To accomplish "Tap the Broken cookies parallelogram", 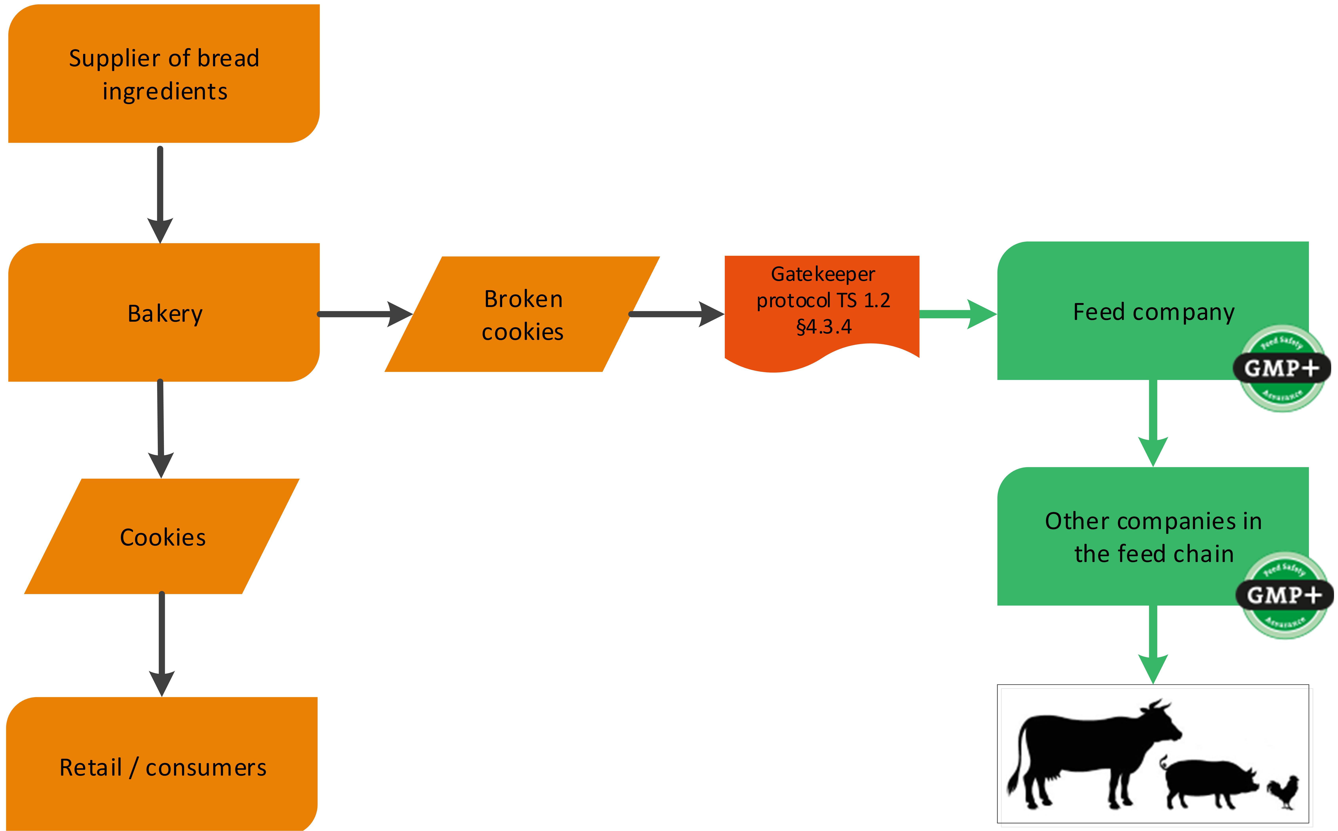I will [522, 314].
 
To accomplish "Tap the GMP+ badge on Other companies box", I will [1284, 595].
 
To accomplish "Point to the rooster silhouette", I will [1284, 791].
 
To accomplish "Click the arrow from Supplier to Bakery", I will [160, 192].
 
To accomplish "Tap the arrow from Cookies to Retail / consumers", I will [162, 643].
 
